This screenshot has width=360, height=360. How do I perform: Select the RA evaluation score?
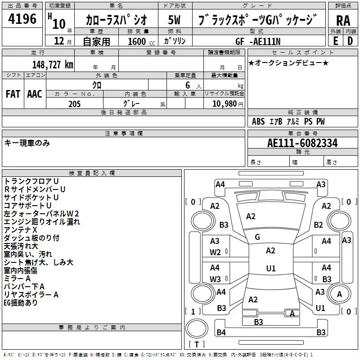point(343,20)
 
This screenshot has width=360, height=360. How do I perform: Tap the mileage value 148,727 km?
point(53,64)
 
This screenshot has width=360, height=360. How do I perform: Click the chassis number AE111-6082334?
point(302,143)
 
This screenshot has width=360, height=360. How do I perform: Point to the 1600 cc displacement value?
point(137,41)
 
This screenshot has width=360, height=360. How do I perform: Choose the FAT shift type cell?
point(13,94)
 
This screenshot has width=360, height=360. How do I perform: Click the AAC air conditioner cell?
point(35,94)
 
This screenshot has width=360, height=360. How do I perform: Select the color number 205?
point(74,104)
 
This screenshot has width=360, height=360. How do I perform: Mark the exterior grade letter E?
point(335,41)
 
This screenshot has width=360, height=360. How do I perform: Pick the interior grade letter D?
point(350,41)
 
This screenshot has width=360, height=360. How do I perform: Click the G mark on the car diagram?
point(257,237)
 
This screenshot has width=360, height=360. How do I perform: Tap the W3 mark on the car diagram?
point(215,279)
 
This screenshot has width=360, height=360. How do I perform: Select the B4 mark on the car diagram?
point(221,333)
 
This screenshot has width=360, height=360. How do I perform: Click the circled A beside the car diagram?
point(339,294)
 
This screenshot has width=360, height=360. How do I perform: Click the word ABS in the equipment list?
point(258,121)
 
